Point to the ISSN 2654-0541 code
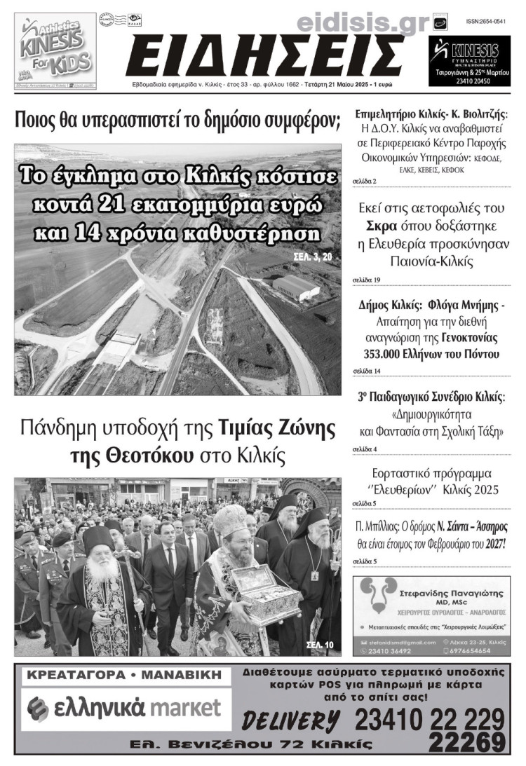485,22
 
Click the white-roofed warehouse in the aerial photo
295,287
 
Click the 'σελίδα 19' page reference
366,280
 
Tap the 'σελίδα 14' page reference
366,371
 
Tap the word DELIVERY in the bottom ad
290,719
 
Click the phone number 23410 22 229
429,719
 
